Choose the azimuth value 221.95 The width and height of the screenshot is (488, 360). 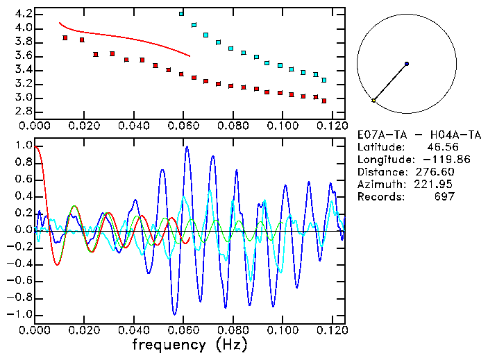(x=435, y=185)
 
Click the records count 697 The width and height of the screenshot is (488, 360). (x=442, y=197)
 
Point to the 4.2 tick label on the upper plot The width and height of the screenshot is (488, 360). (x=23, y=14)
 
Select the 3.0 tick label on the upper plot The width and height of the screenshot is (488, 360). (x=23, y=98)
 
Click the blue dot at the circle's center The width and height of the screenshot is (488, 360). (x=407, y=64)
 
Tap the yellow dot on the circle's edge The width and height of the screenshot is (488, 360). (x=373, y=101)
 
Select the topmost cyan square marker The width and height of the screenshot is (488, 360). (x=181, y=13)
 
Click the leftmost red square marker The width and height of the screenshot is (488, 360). (x=65, y=37)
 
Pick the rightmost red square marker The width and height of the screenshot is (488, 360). (x=324, y=100)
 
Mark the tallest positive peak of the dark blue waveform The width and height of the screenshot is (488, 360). (x=187, y=147)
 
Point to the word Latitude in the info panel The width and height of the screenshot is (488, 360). (x=380, y=147)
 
